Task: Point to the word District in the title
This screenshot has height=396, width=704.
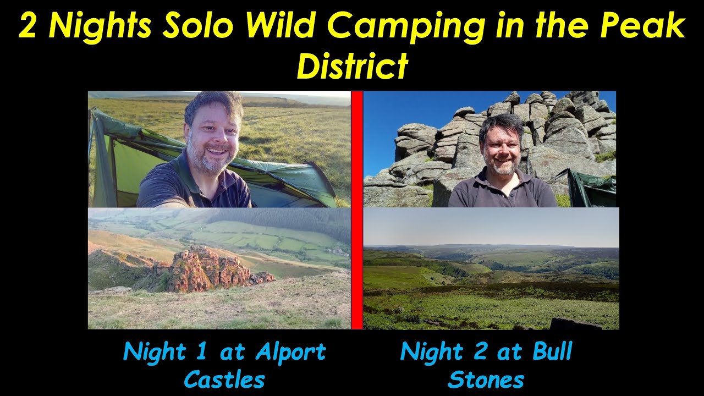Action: tap(352, 66)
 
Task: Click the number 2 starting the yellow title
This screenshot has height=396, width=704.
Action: tap(28, 26)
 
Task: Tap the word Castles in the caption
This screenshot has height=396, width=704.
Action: tap(224, 380)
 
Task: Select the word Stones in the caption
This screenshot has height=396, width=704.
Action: tap(486, 380)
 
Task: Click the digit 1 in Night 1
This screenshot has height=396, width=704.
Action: tap(201, 352)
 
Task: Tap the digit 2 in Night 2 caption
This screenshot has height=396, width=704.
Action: tap(480, 352)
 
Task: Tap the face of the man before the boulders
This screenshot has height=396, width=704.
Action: tap(501, 146)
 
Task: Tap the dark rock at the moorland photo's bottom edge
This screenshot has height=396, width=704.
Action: tap(575, 324)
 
